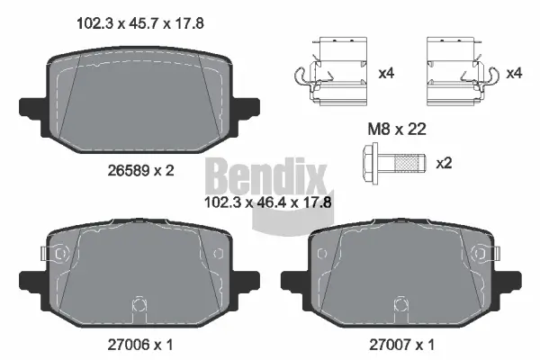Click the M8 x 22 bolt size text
coord(396,130)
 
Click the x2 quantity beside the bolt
coord(444,164)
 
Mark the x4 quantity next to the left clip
coord(386,72)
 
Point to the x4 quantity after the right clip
coord(514,72)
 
